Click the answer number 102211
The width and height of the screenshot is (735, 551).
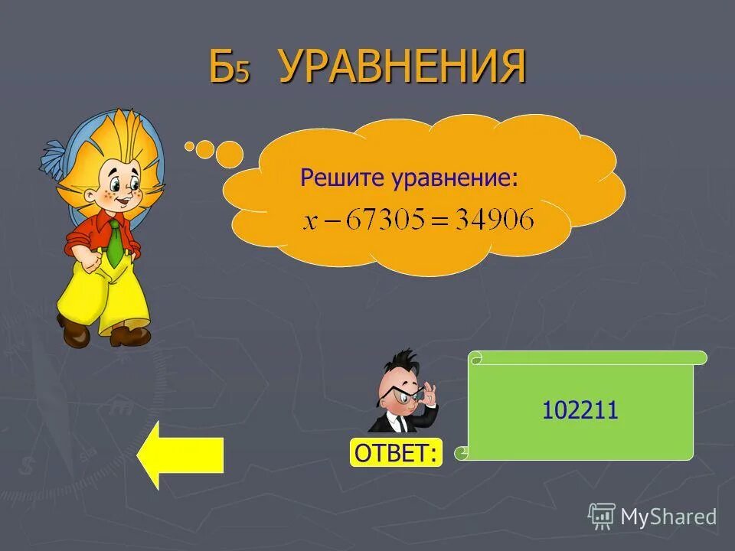580,412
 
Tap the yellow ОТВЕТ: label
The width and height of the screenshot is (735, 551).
396,453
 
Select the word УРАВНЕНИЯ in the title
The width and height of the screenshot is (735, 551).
402,67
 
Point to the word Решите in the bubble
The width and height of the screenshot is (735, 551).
343,178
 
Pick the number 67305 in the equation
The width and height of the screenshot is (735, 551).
385,220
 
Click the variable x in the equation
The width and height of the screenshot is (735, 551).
309,222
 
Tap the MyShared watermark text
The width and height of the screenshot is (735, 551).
668,517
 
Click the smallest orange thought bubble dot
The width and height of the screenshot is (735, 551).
189,145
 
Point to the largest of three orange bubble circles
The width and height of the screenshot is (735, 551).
229,154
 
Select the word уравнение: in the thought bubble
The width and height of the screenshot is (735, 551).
456,178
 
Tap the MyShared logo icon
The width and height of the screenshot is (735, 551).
601,516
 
